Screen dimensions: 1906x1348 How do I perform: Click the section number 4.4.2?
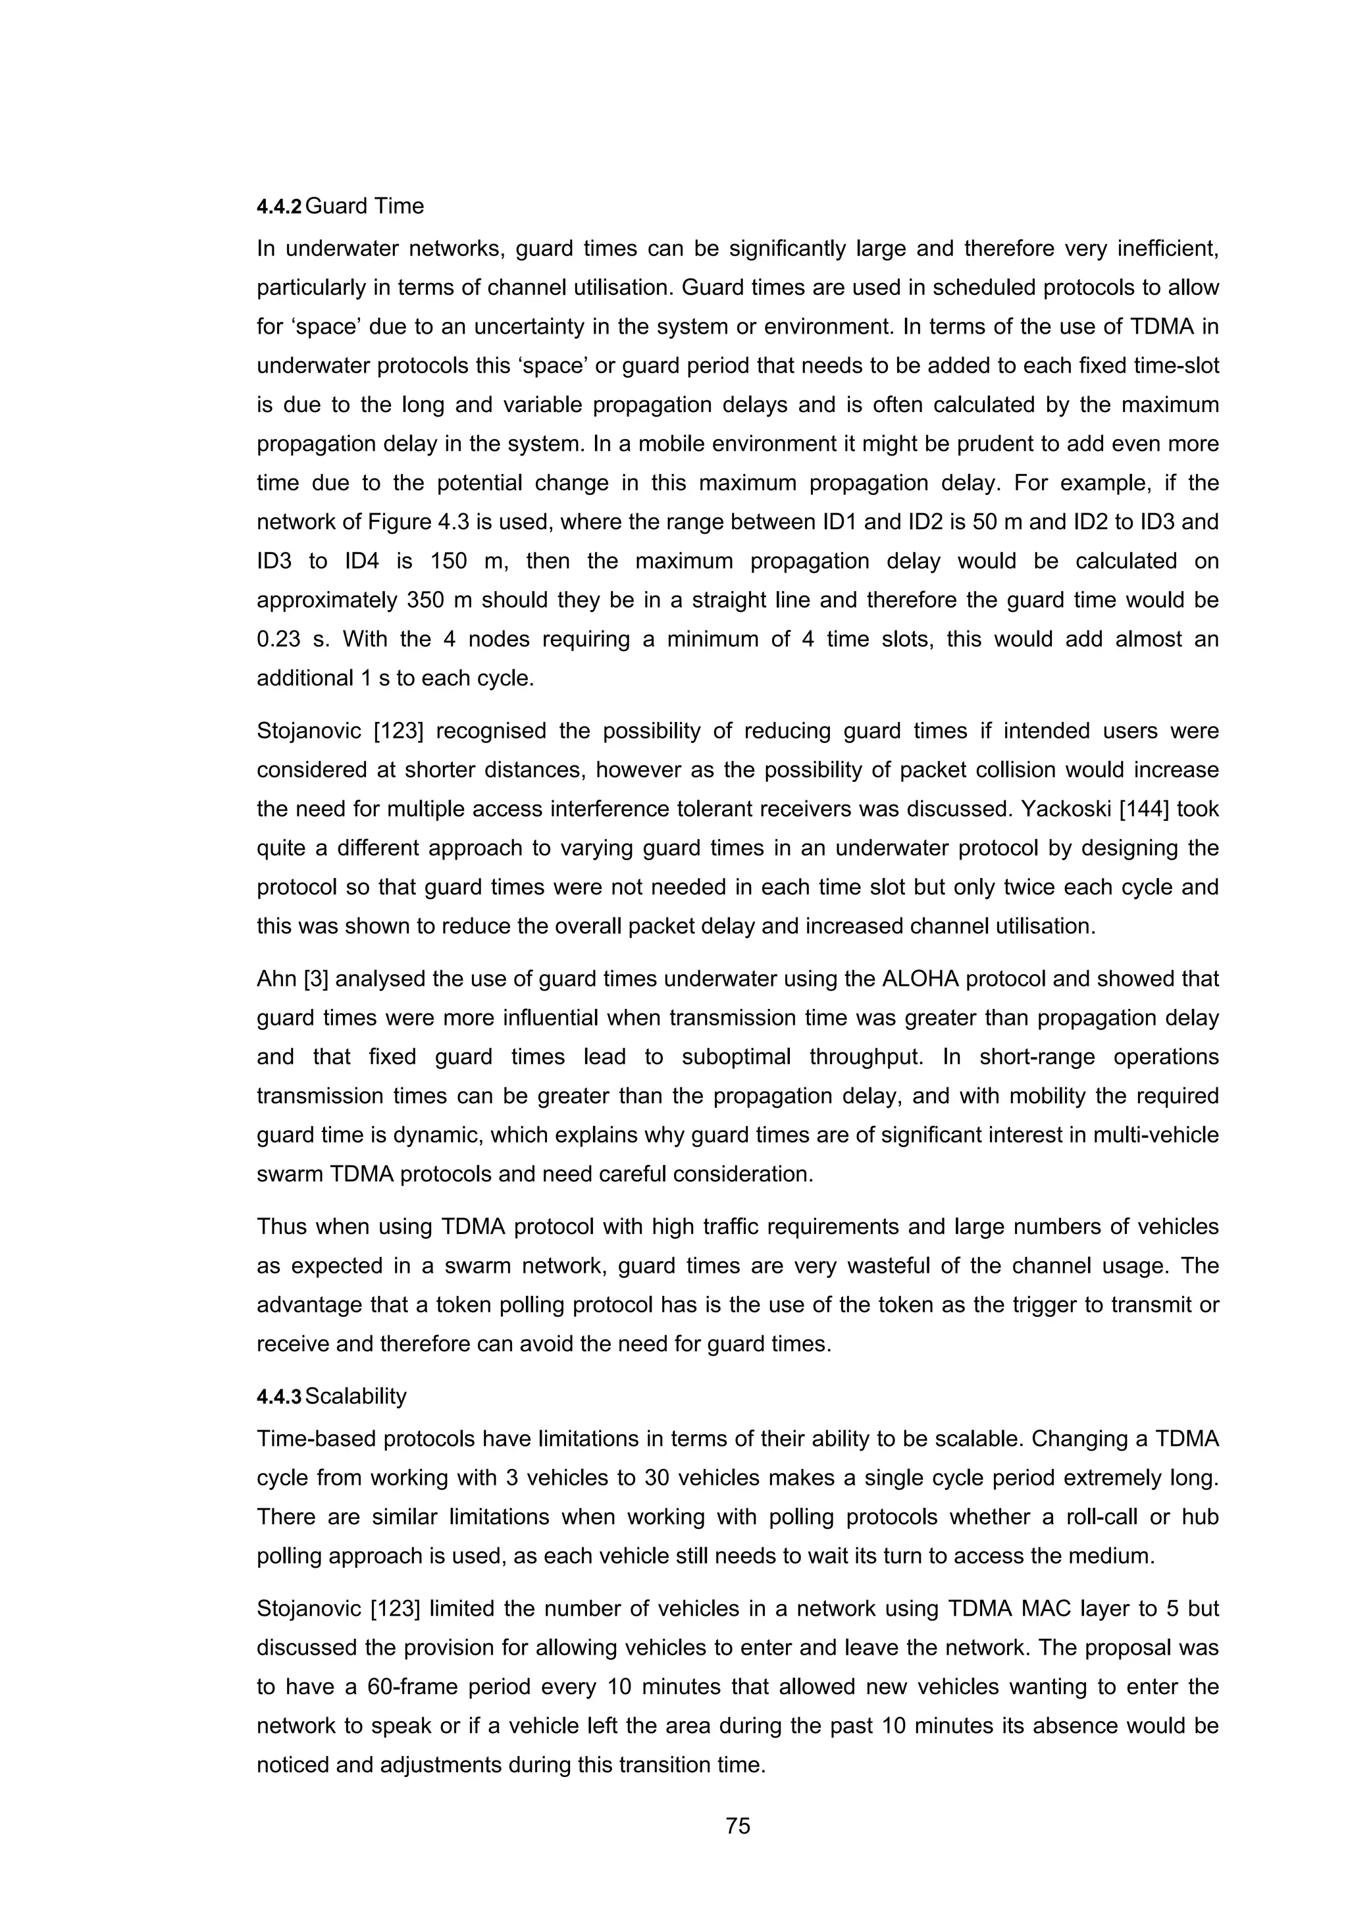(x=280, y=207)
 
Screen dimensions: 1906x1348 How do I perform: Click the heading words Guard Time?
(x=365, y=206)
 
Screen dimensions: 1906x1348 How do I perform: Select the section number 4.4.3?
(x=280, y=1397)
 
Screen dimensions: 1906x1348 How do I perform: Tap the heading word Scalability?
(x=355, y=1397)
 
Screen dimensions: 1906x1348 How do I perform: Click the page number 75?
(x=737, y=1826)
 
